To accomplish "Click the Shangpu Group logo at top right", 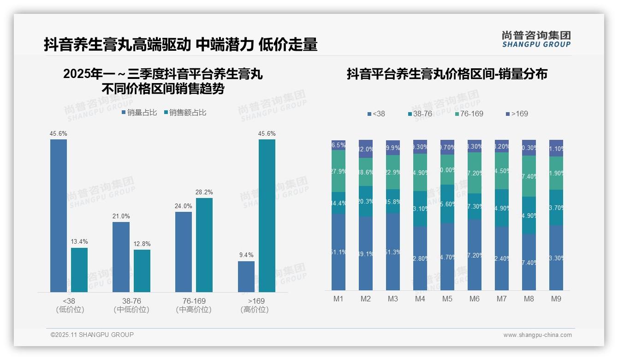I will tap(536, 39).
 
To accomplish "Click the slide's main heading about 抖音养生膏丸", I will tap(180, 44).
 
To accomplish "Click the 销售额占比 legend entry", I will tap(184, 112).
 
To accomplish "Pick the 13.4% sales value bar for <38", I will tap(79, 270).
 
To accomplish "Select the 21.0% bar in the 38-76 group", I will tap(121, 257).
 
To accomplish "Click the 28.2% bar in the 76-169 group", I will tap(204, 245).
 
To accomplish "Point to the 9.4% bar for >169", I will tap(246, 276).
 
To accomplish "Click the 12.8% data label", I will tap(142, 244).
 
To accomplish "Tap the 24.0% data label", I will tap(184, 206).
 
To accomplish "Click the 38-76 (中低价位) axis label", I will tap(131, 305).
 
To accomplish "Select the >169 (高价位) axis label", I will tap(255, 305).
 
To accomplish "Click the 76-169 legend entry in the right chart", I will tap(469, 114).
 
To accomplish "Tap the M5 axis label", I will tap(447, 299).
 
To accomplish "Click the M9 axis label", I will tap(556, 299).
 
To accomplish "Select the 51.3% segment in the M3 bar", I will tap(393, 252).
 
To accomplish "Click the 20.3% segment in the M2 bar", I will tap(366, 201).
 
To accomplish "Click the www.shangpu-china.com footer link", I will tap(537, 335).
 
